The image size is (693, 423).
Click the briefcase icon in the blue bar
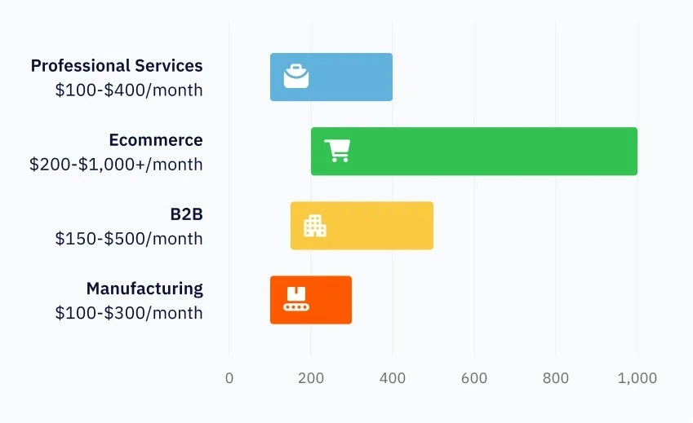coord(296,76)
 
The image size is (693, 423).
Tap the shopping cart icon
coord(337,151)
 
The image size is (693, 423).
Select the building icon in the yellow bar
coord(315,226)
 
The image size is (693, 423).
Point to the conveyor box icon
coord(295,299)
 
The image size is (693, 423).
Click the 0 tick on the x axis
coord(229,378)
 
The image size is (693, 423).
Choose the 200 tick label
coord(311,378)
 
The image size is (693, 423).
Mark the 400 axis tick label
coord(393,378)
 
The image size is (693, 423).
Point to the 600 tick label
coord(474,378)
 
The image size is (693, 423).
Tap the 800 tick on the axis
coord(556,378)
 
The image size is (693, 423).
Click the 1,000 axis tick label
coord(637,378)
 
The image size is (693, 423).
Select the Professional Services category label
coord(117,66)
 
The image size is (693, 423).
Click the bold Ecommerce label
coord(156,140)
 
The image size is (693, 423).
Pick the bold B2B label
coord(186,214)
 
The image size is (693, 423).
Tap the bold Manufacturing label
coord(144,289)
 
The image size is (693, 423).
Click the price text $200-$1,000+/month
coord(116,165)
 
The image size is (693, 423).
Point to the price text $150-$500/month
coord(129,239)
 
